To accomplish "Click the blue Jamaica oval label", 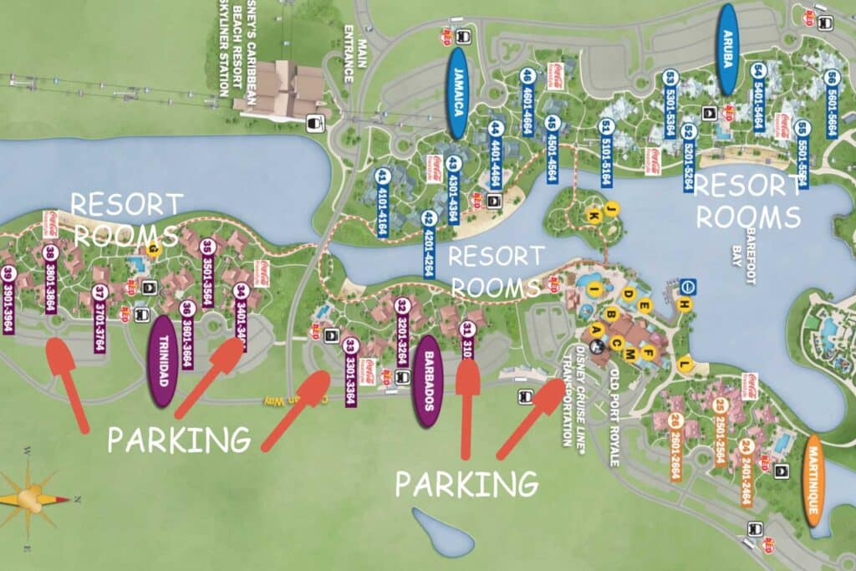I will pos(457,92).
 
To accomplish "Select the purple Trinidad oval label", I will pos(161,360).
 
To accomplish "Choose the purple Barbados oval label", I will pos(426,381).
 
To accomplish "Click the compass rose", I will pos(32,498).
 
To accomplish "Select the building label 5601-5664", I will pos(831,99).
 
